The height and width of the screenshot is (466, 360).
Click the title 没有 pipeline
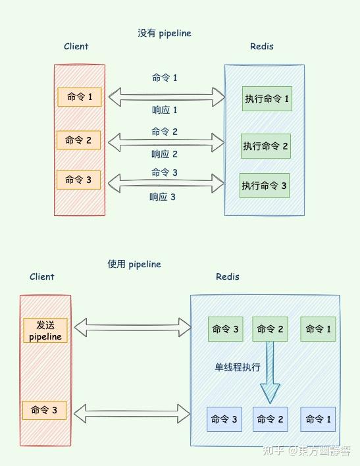[164, 33]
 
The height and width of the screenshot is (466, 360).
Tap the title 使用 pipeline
[134, 264]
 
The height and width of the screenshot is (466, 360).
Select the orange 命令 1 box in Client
[79, 97]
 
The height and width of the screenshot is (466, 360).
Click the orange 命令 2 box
[79, 140]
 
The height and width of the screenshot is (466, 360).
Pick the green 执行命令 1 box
[267, 99]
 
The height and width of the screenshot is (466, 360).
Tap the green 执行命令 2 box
[265, 145]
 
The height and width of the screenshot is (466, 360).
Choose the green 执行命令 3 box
[264, 186]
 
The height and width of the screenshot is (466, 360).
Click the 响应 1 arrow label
[165, 111]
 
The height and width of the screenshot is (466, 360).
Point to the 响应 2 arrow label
[165, 154]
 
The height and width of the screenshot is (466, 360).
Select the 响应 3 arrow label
[163, 197]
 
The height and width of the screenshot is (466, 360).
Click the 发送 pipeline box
[45, 330]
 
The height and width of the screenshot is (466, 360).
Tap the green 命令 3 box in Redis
[225, 329]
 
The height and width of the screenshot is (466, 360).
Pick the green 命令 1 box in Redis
[319, 329]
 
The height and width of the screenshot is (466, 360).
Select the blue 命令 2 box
[270, 419]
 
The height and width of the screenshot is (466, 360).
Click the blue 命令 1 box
[318, 419]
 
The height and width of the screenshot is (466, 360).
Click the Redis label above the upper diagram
[262, 46]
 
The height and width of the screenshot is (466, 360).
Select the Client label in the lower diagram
[42, 277]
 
